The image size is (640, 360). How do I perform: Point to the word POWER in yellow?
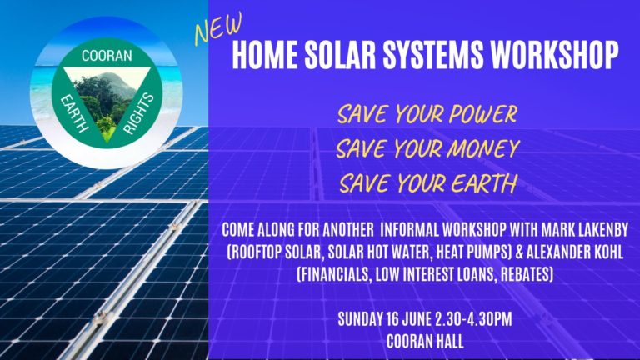click(477, 114)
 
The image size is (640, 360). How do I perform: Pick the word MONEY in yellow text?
click(479, 148)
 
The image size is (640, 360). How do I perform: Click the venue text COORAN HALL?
click(424, 340)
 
